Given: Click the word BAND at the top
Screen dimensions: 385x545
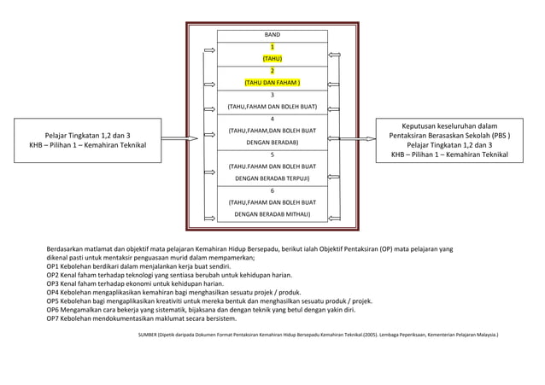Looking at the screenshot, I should pos(272,35).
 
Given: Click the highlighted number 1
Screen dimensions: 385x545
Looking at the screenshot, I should pos(272,47).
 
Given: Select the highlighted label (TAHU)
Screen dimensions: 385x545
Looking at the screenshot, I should pos(272,59).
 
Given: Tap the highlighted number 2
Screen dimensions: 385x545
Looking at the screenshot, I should pos(272,71).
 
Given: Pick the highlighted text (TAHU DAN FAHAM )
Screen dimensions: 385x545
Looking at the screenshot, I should pos(272,83).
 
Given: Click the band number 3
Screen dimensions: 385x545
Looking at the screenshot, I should pos(272,95).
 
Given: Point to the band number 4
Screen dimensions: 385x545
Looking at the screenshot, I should pos(272,119).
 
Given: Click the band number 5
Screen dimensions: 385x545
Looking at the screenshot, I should pos(272,155).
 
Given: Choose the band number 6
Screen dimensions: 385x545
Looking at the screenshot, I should pos(272,190).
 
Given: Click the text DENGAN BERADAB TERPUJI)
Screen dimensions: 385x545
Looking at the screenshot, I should pos(272,178).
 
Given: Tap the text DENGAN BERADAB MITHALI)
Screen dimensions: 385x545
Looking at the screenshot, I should pos(272,214).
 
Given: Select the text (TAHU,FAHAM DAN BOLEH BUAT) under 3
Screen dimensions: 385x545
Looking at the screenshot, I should pos(272,107).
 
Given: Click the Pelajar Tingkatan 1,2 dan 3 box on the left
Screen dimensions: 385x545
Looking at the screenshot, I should pos(88,141).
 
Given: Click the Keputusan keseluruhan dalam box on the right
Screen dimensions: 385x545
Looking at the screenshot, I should pos(449,140).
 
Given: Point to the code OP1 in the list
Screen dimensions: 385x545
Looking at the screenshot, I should pos(54,266).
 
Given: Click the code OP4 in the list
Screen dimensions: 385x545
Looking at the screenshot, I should pos(54,292).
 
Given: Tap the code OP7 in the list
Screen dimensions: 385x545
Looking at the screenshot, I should pos(54,318).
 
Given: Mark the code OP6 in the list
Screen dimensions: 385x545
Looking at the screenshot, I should pos(54,310).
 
